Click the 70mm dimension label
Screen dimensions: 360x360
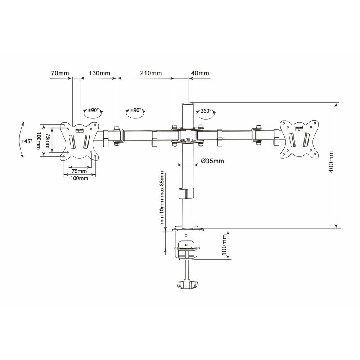[x=60, y=73]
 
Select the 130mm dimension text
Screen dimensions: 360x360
[x=99, y=73]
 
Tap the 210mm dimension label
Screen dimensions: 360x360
[x=151, y=73]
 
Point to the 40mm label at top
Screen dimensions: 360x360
[x=200, y=73]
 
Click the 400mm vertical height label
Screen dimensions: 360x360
[x=331, y=162]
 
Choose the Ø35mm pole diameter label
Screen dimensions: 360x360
[x=212, y=161]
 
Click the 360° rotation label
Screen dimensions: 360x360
[x=206, y=111]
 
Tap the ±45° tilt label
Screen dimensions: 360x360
[x=27, y=141]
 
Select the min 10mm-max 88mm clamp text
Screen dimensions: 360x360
[x=162, y=197]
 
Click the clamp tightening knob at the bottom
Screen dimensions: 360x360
[x=187, y=284]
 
